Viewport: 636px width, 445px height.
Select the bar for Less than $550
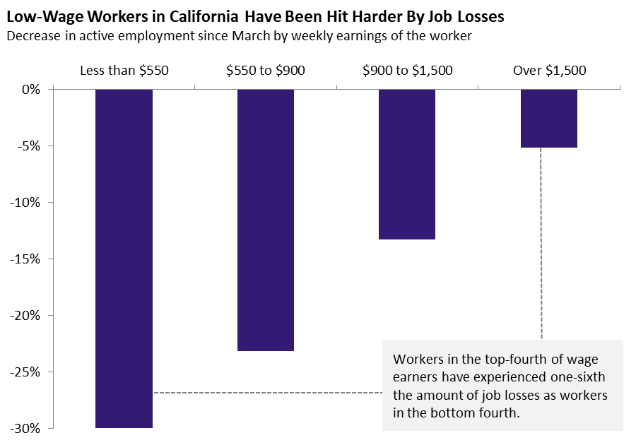pyautogui.click(x=124, y=259)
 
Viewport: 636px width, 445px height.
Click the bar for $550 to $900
pyautogui.click(x=266, y=220)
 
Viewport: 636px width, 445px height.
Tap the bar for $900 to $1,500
pyautogui.click(x=407, y=165)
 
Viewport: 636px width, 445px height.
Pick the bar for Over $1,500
pyautogui.click(x=549, y=119)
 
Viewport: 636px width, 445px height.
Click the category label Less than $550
pyautogui.click(x=124, y=71)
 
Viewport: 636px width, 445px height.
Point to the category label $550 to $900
pyautogui.click(x=266, y=71)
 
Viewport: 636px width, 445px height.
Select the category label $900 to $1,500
pyautogui.click(x=407, y=71)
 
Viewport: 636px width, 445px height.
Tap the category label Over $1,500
pyautogui.click(x=549, y=71)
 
